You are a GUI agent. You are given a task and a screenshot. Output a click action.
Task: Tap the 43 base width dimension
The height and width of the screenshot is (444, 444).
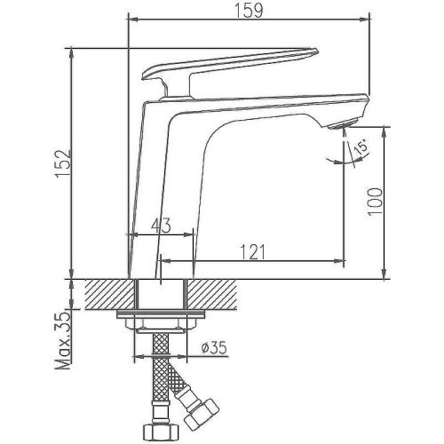point(161,226)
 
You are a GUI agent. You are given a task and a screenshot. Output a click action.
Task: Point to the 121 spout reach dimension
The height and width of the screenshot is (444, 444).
point(252,253)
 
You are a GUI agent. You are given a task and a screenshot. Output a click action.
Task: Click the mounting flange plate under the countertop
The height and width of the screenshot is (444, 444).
point(161,319)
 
